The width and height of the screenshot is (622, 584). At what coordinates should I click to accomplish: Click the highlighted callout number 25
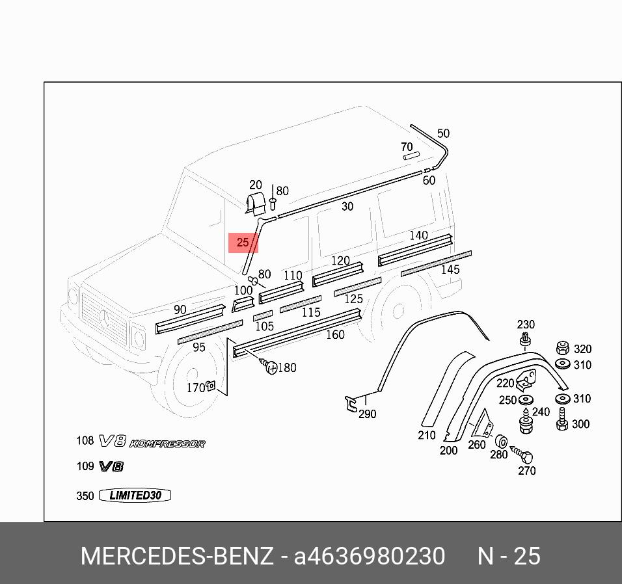[243, 243]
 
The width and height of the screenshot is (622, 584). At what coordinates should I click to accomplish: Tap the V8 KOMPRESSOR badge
[152, 442]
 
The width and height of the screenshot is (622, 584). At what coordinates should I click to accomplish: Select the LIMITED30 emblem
[135, 496]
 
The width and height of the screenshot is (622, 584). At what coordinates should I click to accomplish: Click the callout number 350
[85, 496]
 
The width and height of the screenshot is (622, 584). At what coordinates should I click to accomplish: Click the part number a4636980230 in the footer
[370, 557]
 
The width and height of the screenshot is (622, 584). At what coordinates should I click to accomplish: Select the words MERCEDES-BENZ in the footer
[176, 557]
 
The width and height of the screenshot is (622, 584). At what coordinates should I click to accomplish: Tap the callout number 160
[335, 335]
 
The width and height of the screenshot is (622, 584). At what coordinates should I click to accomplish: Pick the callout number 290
[367, 414]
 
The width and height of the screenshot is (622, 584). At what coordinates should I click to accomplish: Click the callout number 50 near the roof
[443, 133]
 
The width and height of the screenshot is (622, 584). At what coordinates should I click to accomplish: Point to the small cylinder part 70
[411, 156]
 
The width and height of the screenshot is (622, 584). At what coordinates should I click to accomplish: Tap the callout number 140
[418, 235]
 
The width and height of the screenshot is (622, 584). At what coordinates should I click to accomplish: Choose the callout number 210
[427, 435]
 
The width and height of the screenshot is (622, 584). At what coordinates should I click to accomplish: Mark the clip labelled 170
[211, 387]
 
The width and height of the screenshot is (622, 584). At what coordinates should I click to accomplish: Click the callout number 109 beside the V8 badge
[85, 466]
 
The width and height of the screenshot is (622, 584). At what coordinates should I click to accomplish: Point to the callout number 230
[526, 325]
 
